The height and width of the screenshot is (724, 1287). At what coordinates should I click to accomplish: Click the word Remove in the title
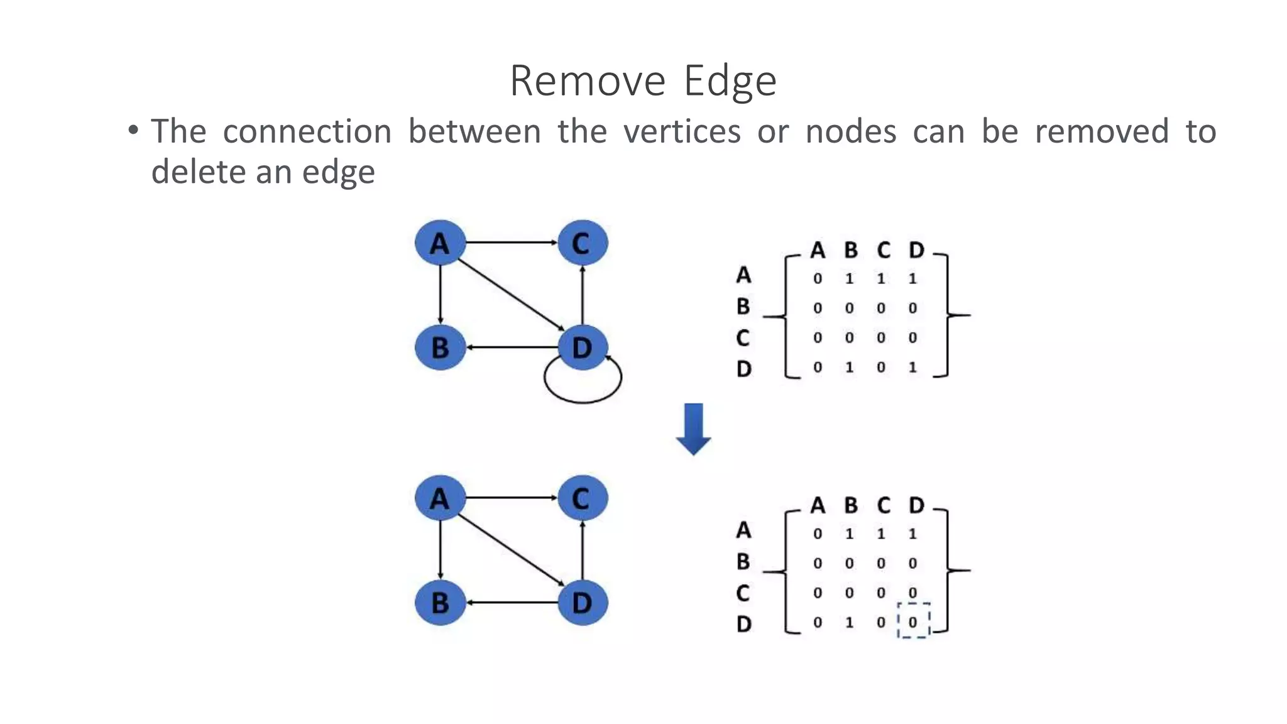[587, 81]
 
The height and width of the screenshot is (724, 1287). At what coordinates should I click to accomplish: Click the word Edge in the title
[730, 81]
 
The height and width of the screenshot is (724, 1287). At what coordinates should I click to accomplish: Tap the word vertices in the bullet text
[682, 131]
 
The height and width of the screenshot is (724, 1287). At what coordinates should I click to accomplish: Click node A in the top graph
[440, 243]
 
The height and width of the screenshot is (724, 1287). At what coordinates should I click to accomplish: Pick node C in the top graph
[582, 243]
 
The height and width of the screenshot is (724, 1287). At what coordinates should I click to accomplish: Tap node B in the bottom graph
[440, 603]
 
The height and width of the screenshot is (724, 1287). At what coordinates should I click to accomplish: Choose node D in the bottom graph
[582, 603]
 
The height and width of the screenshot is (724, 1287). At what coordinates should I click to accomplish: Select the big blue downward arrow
[693, 429]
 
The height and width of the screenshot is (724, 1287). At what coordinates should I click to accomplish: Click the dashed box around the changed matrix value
[913, 621]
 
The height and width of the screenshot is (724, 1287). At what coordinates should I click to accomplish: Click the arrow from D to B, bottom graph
[512, 603]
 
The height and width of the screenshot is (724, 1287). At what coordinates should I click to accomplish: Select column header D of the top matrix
[916, 250]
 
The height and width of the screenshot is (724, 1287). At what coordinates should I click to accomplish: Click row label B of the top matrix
[743, 307]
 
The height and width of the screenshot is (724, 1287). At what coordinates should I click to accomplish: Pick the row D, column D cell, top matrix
[912, 367]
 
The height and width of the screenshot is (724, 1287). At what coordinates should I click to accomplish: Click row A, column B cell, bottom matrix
[849, 534]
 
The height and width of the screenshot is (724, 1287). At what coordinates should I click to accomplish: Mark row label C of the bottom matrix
[743, 593]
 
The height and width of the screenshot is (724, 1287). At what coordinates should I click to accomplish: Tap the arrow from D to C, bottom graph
[583, 550]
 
